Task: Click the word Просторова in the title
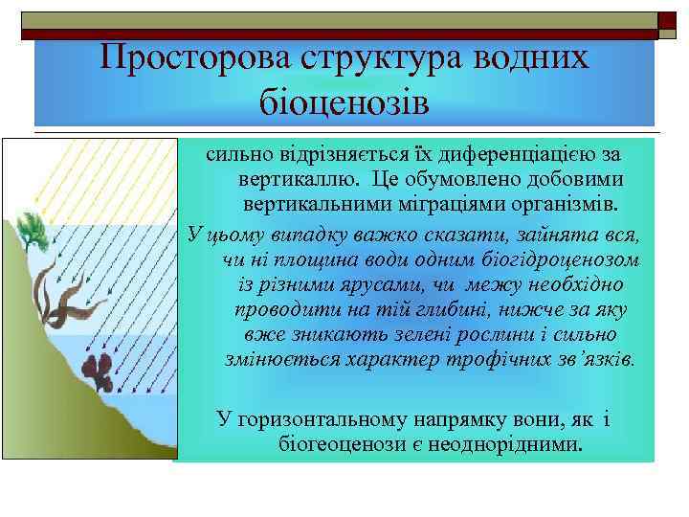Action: coord(188,60)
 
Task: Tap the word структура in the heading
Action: coord(372,60)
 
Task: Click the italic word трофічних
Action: coord(498,361)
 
